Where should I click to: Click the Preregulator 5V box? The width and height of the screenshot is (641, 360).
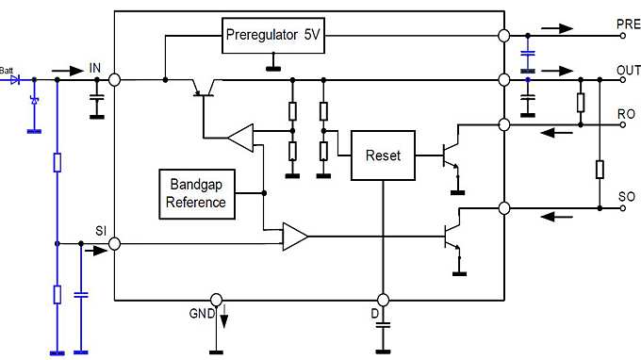point(273,37)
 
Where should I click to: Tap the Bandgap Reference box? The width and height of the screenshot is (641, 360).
point(196,193)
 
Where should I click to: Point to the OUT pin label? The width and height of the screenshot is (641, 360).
point(628,71)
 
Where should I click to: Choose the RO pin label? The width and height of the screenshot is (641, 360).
point(626,114)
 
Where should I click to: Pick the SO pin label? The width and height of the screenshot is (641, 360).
point(626,197)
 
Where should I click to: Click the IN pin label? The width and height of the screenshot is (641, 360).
point(94,67)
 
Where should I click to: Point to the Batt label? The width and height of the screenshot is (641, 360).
point(8,70)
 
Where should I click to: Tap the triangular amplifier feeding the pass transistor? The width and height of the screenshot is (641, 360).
point(240,138)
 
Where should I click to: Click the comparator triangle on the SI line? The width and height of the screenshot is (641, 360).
point(295,237)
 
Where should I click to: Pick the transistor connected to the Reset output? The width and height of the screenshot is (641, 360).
point(451,156)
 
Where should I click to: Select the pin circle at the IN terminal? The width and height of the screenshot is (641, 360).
point(115,80)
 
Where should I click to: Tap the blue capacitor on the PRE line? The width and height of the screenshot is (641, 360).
point(528,57)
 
